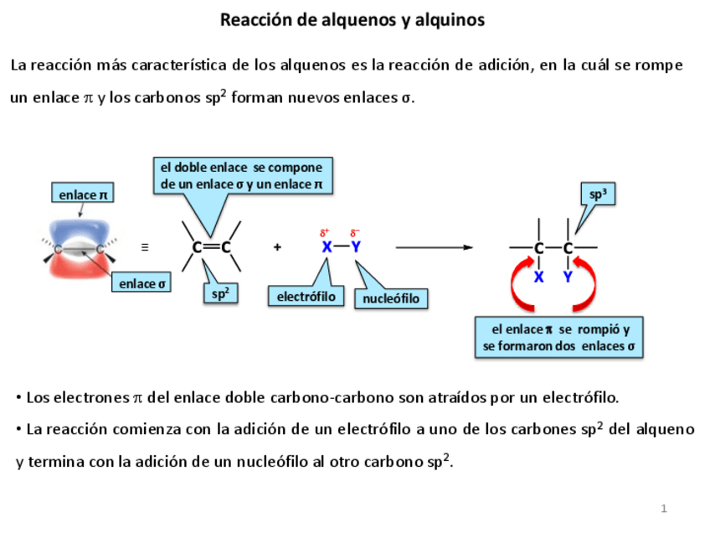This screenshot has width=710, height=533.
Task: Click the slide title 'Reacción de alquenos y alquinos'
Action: [x=352, y=19]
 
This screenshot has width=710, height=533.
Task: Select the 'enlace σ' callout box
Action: [x=141, y=283]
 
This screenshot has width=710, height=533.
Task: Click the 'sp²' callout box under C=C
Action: [x=220, y=293]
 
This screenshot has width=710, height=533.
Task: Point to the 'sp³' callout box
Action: [x=597, y=194]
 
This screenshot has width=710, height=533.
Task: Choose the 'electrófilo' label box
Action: [x=306, y=296]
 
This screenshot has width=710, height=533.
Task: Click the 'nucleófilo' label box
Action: [x=391, y=298]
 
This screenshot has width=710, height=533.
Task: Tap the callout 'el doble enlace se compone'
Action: [x=241, y=175]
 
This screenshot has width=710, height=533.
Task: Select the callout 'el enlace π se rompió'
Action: [x=560, y=338]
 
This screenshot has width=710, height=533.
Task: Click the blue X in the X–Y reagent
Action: [x=327, y=247]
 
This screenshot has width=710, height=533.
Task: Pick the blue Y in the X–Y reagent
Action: [x=355, y=247]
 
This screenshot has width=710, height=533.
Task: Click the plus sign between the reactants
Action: [x=277, y=247]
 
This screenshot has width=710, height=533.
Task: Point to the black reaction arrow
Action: [x=434, y=247]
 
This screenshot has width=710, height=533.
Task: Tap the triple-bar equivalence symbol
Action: [x=145, y=247]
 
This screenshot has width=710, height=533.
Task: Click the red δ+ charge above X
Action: [x=325, y=232]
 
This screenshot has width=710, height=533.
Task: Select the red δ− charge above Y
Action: [x=355, y=232]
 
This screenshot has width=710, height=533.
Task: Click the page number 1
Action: [x=663, y=509]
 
